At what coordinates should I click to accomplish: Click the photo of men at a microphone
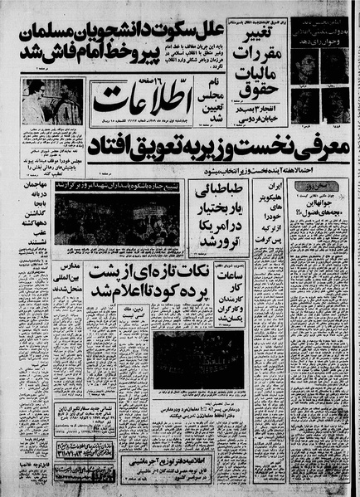coord(53,100)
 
